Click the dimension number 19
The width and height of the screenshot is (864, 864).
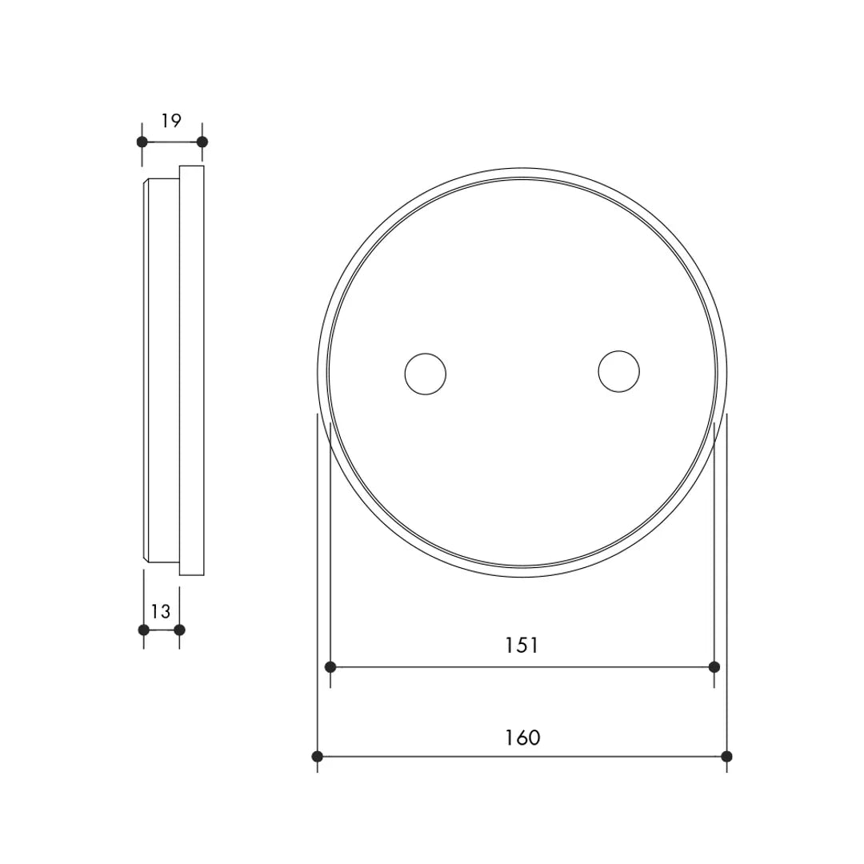point(171,121)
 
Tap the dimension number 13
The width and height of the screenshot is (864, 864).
point(161,612)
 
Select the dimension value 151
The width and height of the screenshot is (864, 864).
point(522,646)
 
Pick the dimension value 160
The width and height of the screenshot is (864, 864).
point(522,738)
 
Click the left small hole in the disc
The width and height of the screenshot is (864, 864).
point(425,374)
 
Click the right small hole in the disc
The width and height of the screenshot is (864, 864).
point(619,372)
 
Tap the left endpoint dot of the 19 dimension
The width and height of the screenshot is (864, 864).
point(142,142)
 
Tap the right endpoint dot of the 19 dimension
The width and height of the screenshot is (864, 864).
point(202,142)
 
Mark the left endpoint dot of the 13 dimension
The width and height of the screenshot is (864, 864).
point(144,630)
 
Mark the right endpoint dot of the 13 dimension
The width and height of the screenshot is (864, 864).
point(179,630)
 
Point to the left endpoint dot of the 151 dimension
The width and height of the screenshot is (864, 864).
point(330,667)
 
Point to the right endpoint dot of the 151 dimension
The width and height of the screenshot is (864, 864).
point(714,667)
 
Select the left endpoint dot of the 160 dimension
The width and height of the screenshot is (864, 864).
point(318,756)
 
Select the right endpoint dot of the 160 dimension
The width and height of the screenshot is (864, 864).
point(726,756)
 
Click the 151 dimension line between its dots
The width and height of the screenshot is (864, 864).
point(448,667)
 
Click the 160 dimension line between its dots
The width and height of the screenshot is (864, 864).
point(448,756)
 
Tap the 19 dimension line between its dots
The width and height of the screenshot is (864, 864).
point(172,142)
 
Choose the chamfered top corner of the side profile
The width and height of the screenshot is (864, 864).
point(146,182)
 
